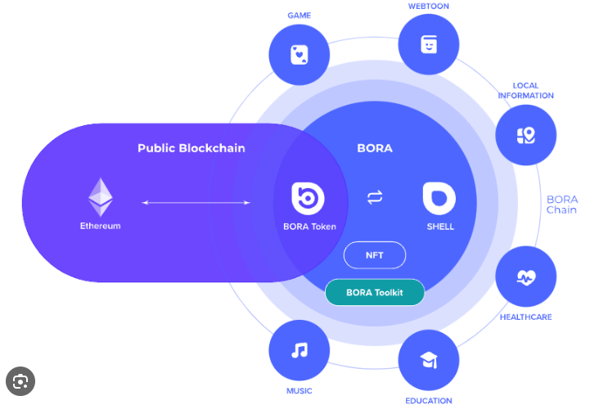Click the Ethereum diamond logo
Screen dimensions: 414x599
click(101, 196)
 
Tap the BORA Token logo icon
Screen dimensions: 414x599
click(309, 198)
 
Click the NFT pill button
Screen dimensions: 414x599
click(375, 255)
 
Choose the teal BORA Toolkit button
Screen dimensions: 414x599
click(375, 292)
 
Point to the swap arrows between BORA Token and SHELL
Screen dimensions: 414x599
click(375, 197)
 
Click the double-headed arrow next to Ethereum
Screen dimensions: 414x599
click(196, 202)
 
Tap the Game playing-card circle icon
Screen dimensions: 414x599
click(299, 55)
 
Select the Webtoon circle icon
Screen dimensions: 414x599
click(429, 44)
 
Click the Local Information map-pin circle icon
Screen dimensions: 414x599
click(526, 135)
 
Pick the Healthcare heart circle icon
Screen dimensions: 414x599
click(526, 277)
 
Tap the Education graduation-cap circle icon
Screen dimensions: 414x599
click(429, 360)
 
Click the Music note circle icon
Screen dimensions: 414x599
click(299, 350)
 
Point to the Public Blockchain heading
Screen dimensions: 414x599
click(191, 148)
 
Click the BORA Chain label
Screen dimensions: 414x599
click(562, 205)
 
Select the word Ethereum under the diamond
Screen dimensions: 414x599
click(101, 226)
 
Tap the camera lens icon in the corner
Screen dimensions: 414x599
click(20, 381)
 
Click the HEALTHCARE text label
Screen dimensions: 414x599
click(526, 317)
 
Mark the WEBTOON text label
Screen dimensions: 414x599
click(429, 7)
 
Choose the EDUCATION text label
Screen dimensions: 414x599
click(429, 401)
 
